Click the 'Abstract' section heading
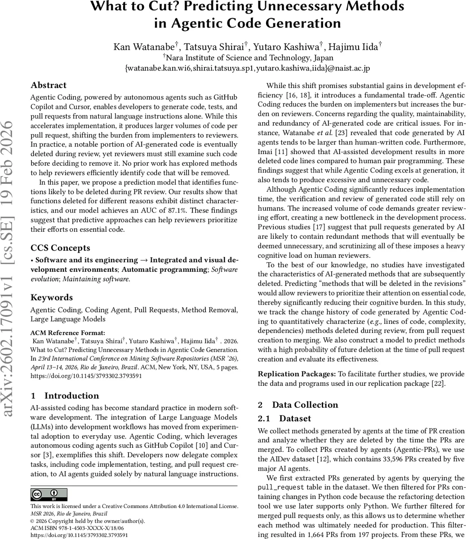pyautogui.click(x=49, y=85)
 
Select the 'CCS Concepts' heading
pyautogui.click(x=60, y=248)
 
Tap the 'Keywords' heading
pyautogui.click(x=52, y=297)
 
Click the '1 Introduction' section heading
pyautogui.click(x=65, y=396)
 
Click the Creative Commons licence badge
pyautogui.click(x=49, y=495)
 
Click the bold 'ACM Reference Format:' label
pyautogui.click(x=67, y=333)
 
